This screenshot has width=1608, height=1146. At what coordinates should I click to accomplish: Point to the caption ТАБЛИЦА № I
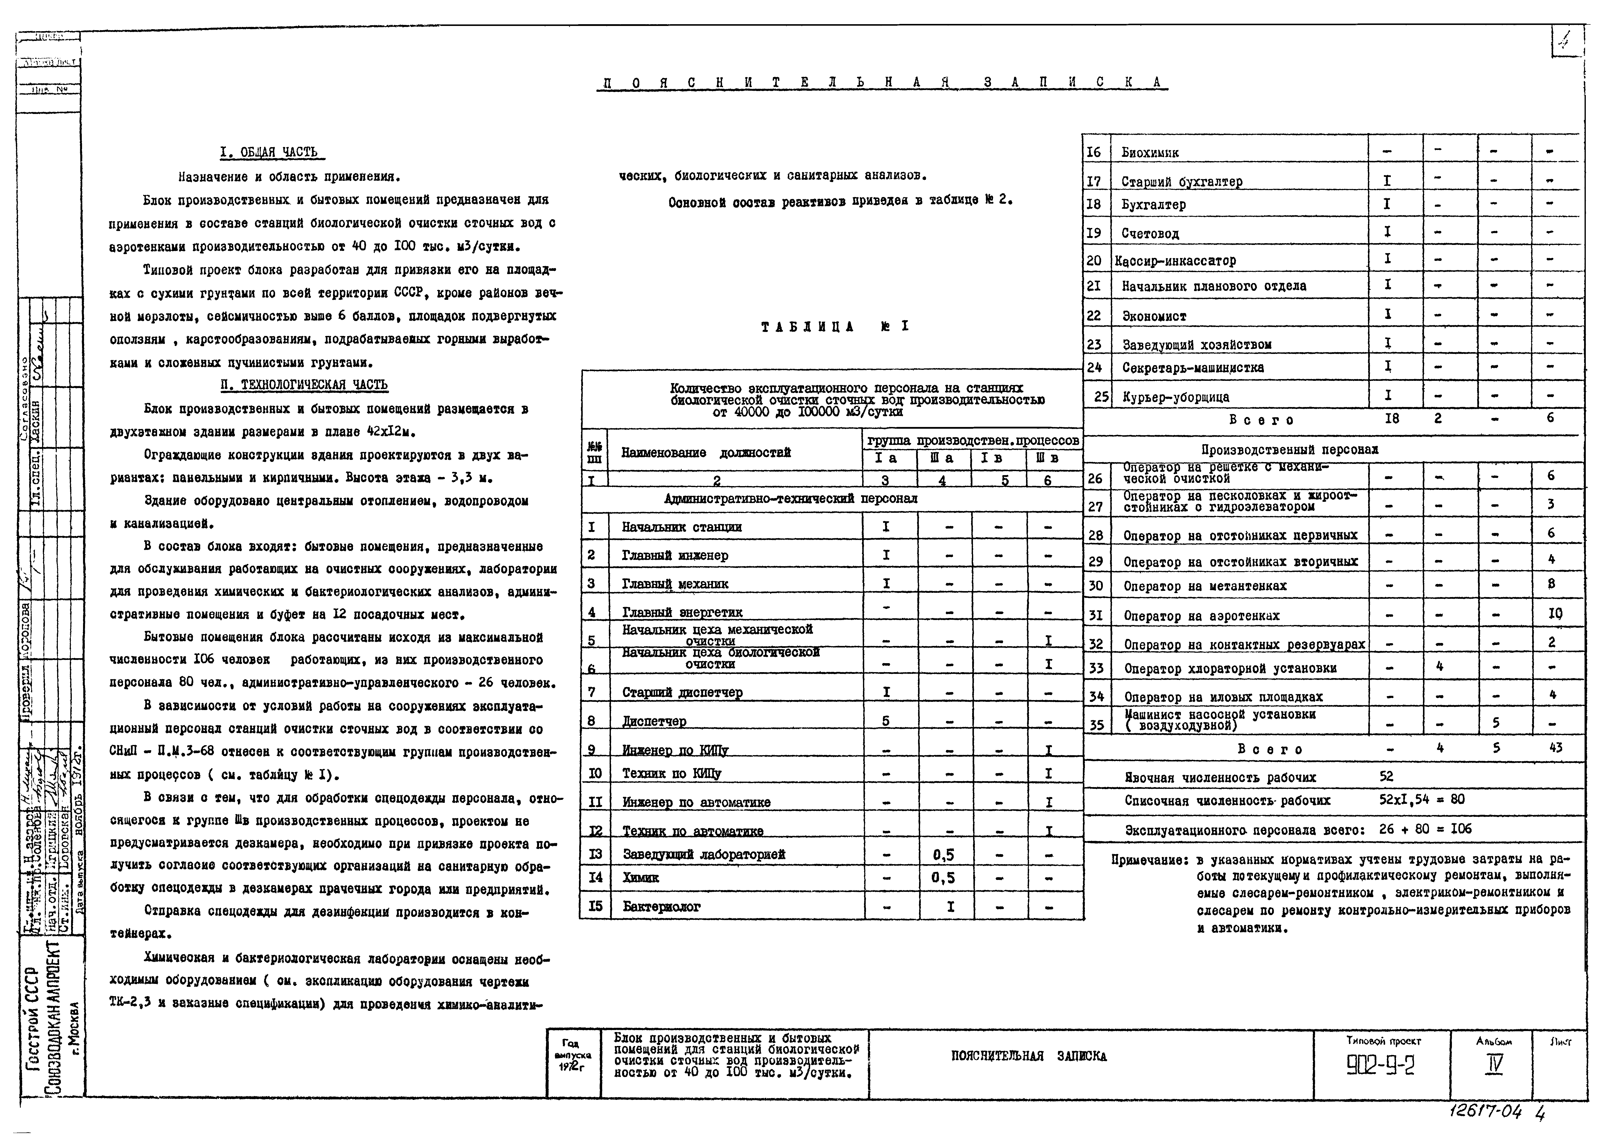835,327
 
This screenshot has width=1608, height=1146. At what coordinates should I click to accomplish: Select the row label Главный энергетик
682,613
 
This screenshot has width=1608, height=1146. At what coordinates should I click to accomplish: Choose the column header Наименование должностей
706,453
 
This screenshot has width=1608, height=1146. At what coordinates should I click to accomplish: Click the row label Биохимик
1150,152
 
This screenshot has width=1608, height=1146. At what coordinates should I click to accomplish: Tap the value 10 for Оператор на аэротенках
1555,614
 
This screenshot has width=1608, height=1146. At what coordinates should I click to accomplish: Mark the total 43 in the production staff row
1555,748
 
